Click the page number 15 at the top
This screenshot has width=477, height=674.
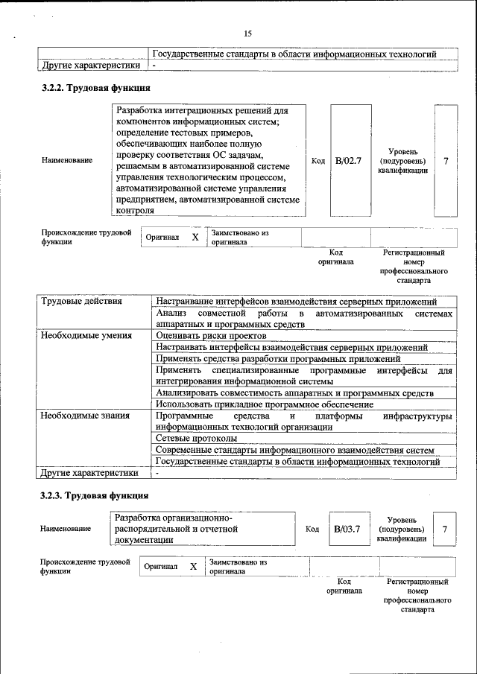pyautogui.click(x=248, y=34)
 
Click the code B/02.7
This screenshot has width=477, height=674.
pyautogui.click(x=348, y=160)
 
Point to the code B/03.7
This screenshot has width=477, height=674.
pyautogui.click(x=347, y=529)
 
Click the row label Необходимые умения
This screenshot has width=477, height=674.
pyautogui.click(x=86, y=335)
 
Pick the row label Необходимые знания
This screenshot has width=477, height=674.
pyautogui.click(x=84, y=416)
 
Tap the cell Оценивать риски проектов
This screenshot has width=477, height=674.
pyautogui.click(x=208, y=335)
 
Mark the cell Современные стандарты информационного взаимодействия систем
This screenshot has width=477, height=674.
pyautogui.click(x=294, y=450)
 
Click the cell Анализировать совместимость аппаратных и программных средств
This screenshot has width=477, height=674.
pyautogui.click(x=294, y=392)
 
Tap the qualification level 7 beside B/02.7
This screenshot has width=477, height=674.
pyautogui.click(x=446, y=160)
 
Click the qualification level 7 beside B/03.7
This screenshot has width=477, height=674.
pyautogui.click(x=445, y=529)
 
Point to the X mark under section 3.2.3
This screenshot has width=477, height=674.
pyautogui.click(x=193, y=567)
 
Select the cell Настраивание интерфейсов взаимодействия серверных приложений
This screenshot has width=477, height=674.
pyautogui.click(x=297, y=302)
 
